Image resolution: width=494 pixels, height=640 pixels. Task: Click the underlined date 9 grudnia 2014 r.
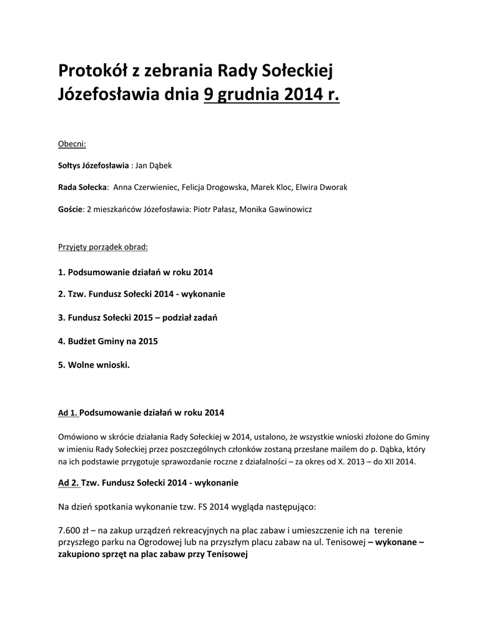[x=272, y=95]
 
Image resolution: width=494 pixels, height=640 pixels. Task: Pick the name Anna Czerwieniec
[x=146, y=187]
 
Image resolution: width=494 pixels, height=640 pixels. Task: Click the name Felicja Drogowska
[x=214, y=187]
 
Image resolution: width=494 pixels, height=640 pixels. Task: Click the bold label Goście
[x=71, y=209]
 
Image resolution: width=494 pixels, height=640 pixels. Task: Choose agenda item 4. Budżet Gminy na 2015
[x=107, y=341]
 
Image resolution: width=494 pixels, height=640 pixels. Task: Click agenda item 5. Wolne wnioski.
[x=94, y=364]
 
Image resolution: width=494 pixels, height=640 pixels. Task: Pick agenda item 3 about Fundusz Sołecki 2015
[x=137, y=317]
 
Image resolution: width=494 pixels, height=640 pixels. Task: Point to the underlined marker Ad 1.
[x=68, y=413]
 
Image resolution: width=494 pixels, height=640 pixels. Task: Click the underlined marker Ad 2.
[x=68, y=483]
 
